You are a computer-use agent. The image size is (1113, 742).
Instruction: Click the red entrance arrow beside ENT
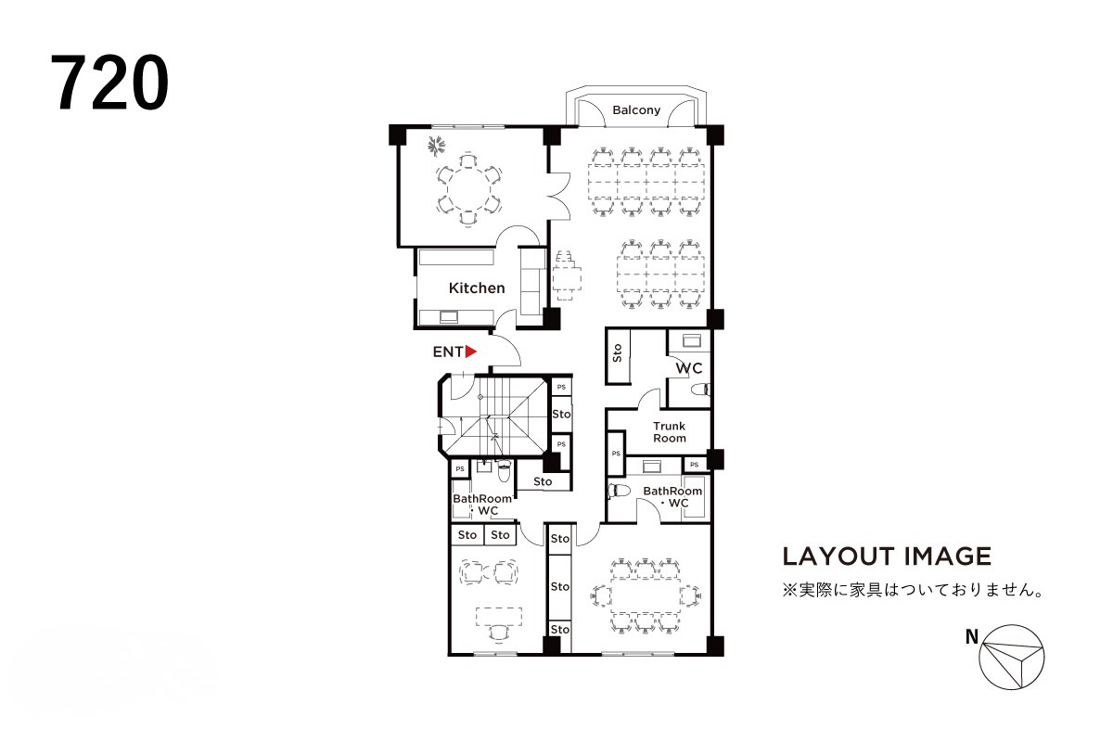point(470,352)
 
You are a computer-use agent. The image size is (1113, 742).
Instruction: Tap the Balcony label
point(636,109)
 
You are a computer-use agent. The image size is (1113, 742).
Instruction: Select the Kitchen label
point(477,288)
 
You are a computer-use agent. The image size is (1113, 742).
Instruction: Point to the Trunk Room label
point(670,432)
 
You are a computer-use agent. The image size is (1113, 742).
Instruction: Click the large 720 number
point(109,83)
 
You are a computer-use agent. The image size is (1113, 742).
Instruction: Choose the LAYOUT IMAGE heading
point(887,556)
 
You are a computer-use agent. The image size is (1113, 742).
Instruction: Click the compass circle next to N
point(1012,657)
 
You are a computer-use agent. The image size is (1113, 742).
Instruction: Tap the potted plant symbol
point(437,147)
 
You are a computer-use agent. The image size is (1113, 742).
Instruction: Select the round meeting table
point(468,189)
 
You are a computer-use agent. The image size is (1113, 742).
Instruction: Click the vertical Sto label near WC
point(618,352)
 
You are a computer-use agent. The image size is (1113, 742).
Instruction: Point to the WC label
point(688,368)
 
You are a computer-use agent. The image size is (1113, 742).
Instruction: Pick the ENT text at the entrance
point(448,352)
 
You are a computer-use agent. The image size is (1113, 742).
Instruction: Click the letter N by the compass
point(972,636)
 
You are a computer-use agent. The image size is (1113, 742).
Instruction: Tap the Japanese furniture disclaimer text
point(914,590)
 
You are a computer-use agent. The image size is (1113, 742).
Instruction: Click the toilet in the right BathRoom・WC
point(620,491)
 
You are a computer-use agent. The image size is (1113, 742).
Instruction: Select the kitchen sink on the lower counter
point(449,316)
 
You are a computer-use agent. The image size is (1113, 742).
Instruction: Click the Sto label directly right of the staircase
point(561,414)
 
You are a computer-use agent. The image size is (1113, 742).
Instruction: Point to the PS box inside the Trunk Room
point(616,454)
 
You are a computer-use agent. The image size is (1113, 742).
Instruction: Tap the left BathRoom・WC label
point(482,505)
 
